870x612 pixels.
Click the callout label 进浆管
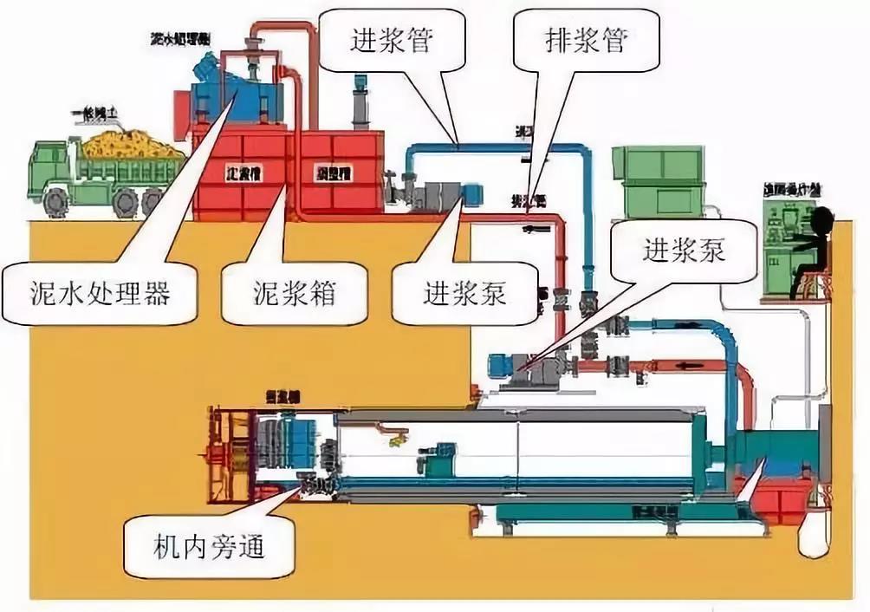[392, 41]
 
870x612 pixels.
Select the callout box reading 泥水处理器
[96, 294]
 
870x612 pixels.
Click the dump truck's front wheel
[54, 202]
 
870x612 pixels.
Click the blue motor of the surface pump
[472, 193]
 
